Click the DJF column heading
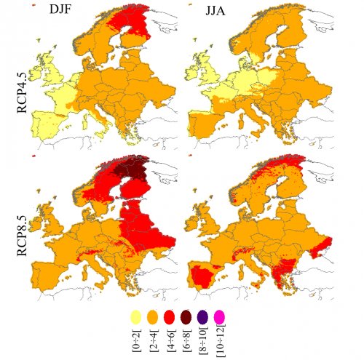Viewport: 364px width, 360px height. pos(60,9)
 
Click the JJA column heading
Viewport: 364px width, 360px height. pos(215,11)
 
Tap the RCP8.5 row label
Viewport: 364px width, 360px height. pos(22,236)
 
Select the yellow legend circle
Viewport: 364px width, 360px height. pos(136,317)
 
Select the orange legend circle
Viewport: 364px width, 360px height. pos(153,317)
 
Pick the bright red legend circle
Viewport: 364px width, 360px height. pos(170,317)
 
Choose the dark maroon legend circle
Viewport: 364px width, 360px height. pos(186,317)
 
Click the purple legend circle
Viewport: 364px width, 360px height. pos(202,317)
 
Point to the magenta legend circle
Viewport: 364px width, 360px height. pos(219,317)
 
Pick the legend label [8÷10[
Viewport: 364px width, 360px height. pos(203,341)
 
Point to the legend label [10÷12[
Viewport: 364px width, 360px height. pos(221,340)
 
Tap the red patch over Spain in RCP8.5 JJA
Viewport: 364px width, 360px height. pos(202,276)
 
